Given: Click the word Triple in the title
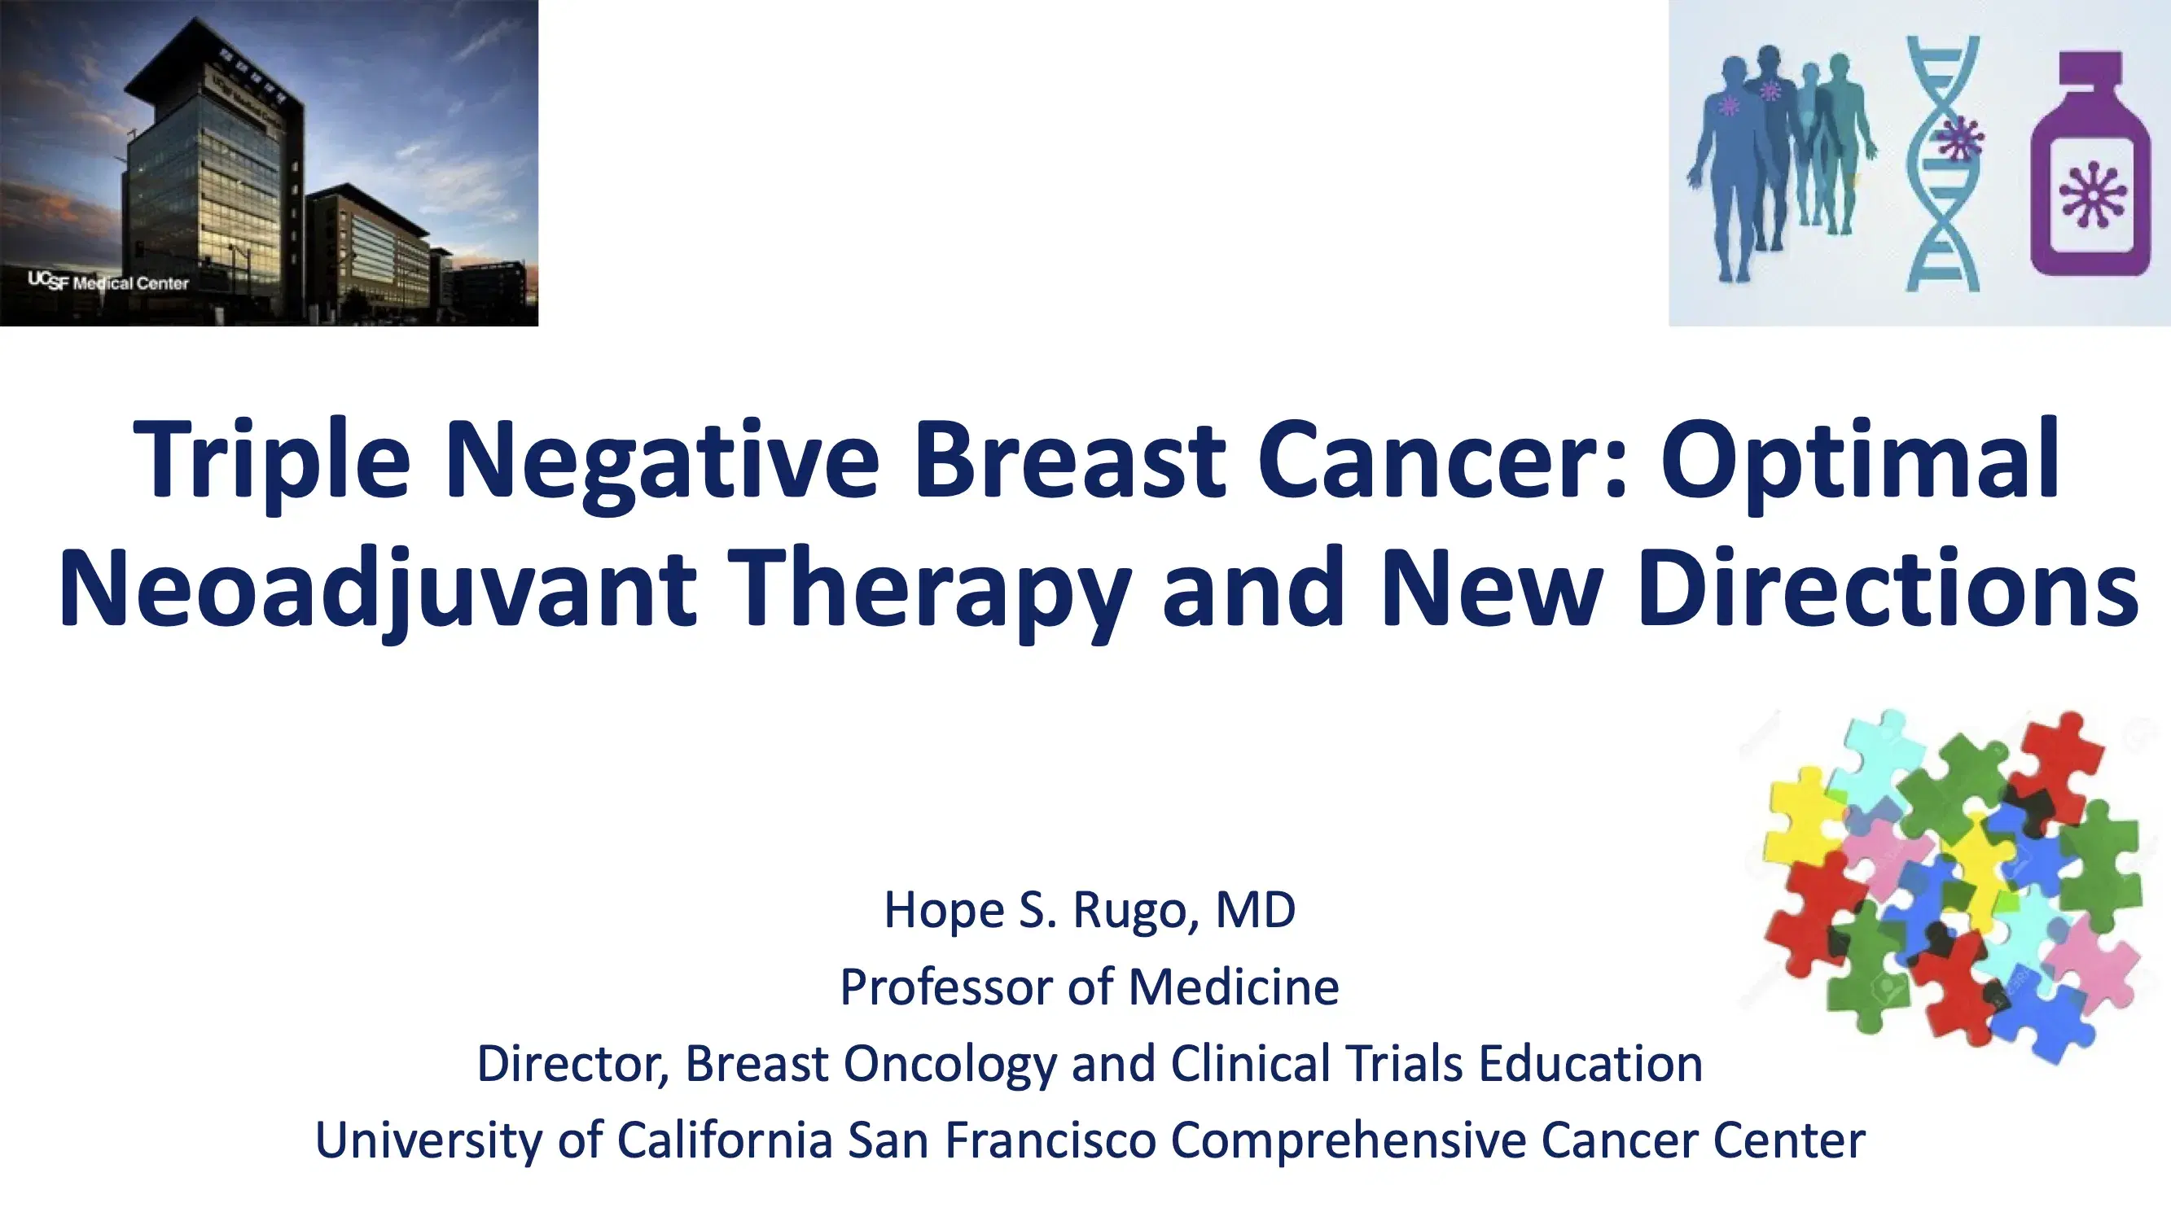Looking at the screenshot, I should click(270, 462).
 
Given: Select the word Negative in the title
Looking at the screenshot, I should click(661, 462).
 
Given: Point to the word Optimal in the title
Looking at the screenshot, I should click(1859, 462).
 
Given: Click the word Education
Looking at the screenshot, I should click(1591, 1062).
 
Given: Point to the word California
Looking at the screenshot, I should click(725, 1140).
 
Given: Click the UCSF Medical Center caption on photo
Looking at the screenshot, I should click(109, 282).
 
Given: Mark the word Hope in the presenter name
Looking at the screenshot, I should click(944, 911).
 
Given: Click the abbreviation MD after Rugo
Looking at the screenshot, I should click(1255, 910).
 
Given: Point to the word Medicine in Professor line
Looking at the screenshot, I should click(1233, 987).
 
